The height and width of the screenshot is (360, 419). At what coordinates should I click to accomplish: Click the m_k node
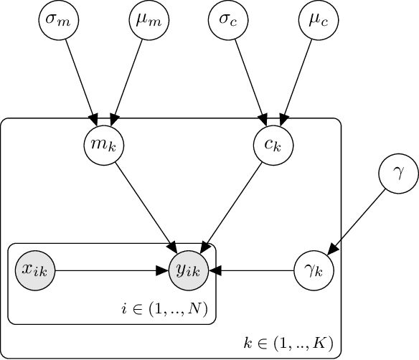101,146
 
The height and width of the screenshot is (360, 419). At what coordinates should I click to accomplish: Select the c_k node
270,146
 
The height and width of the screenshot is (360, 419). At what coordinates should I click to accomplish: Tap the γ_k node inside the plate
312,270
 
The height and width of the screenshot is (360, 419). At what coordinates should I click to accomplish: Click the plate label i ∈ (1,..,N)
164,310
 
